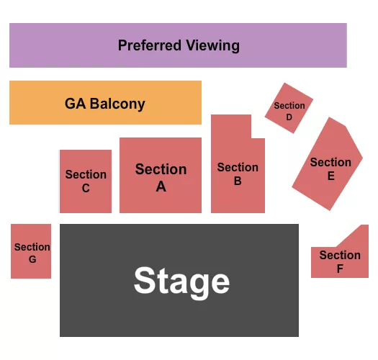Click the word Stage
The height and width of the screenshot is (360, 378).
click(181, 281)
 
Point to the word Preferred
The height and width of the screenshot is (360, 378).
click(150, 45)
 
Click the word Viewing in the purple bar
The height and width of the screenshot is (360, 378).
click(212, 45)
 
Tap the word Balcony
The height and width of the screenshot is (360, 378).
click(117, 104)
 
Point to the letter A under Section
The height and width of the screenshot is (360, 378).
click(161, 186)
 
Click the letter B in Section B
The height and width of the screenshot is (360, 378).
click(238, 181)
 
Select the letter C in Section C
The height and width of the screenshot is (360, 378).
click(86, 189)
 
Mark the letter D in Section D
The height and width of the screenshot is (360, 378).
click(289, 117)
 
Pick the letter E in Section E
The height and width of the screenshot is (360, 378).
click(331, 175)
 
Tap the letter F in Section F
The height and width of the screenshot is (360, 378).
click(340, 269)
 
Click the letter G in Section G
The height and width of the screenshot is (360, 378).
click(32, 259)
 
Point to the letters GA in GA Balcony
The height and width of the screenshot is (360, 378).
click(75, 104)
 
